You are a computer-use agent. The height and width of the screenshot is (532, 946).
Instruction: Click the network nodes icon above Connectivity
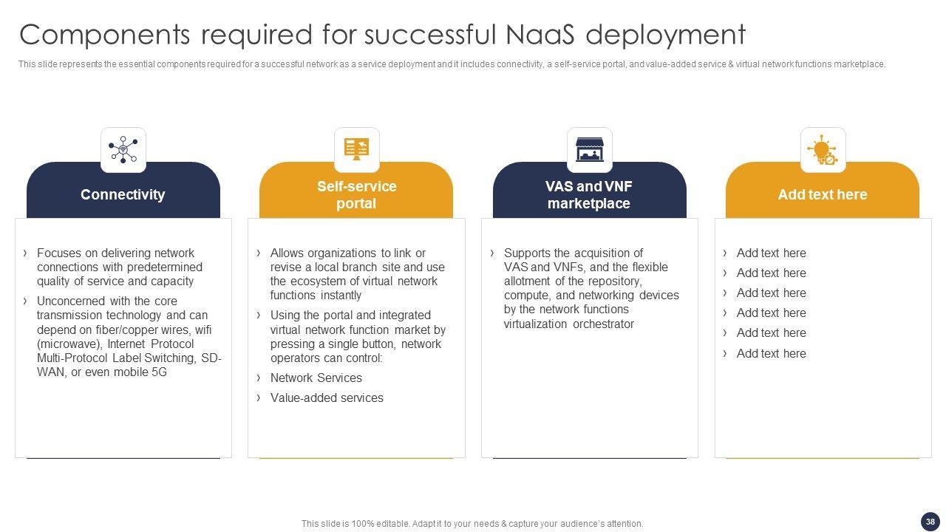tap(123, 149)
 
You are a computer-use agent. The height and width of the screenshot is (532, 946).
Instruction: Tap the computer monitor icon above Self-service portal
tap(357, 149)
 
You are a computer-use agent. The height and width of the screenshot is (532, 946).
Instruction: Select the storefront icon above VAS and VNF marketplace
tap(590, 149)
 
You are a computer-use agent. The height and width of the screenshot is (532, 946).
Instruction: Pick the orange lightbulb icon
tap(823, 149)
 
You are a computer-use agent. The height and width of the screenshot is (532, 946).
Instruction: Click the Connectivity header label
tap(123, 194)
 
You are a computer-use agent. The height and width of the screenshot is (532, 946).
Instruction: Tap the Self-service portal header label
tap(356, 195)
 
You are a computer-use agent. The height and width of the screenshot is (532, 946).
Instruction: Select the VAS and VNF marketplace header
tap(589, 195)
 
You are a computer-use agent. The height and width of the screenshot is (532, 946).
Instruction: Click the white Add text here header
tap(823, 194)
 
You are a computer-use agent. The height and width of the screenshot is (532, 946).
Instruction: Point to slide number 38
tap(930, 522)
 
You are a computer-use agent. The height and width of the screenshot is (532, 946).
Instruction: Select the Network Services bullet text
tap(316, 378)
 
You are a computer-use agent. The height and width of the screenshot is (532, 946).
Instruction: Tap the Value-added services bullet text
tap(327, 398)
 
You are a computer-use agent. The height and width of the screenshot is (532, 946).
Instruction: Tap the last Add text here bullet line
tap(771, 353)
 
